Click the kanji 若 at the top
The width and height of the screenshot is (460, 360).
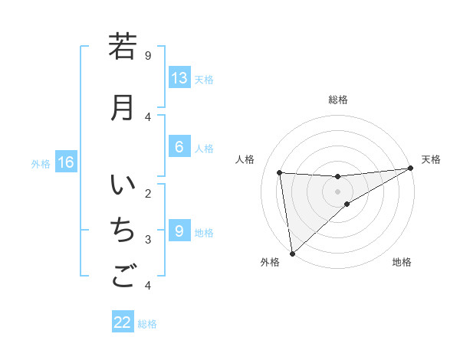pyautogui.click(x=122, y=47)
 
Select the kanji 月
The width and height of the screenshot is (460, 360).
pyautogui.click(x=122, y=107)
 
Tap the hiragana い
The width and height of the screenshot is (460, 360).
pyautogui.click(x=122, y=187)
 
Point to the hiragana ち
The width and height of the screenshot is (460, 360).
pyautogui.click(x=122, y=230)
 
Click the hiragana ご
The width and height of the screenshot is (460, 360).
pyautogui.click(x=122, y=275)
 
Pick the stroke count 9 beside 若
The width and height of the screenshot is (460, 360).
pyautogui.click(x=148, y=55)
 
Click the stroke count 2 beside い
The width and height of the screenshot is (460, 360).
pyautogui.click(x=148, y=193)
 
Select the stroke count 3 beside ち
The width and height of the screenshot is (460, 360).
pyautogui.click(x=148, y=240)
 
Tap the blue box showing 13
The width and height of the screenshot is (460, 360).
pyautogui.click(x=179, y=78)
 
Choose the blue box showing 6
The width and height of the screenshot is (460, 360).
pyautogui.click(x=179, y=148)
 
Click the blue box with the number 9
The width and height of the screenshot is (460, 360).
pyautogui.click(x=179, y=231)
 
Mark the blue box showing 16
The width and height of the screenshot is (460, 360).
pyautogui.click(x=66, y=162)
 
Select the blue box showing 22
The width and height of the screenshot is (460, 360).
pyautogui.click(x=123, y=322)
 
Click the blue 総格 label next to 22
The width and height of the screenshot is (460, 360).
pyautogui.click(x=147, y=324)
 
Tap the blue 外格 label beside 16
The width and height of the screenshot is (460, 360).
pyautogui.click(x=40, y=164)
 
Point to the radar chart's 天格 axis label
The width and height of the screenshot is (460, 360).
pyautogui.click(x=431, y=159)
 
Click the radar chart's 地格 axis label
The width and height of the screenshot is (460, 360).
pyautogui.click(x=402, y=262)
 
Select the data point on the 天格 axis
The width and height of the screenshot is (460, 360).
pyautogui.click(x=410, y=169)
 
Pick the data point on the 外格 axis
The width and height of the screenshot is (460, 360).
pyautogui.click(x=291, y=253)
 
